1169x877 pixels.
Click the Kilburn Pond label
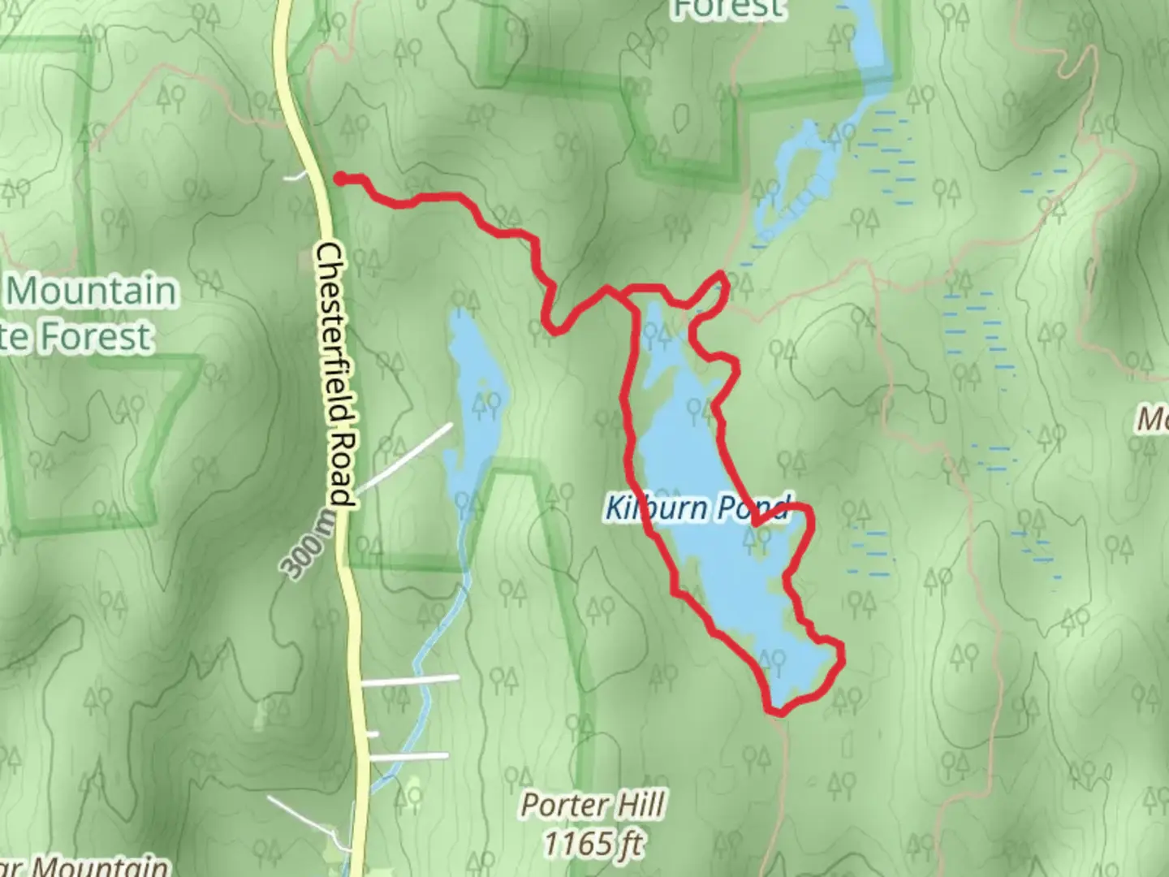tap(697, 508)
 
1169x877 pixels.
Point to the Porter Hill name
tap(593, 806)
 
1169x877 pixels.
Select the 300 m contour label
tap(306, 546)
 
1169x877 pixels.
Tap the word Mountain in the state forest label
tap(91, 291)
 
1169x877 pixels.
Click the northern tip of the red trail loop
tap(721, 276)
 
